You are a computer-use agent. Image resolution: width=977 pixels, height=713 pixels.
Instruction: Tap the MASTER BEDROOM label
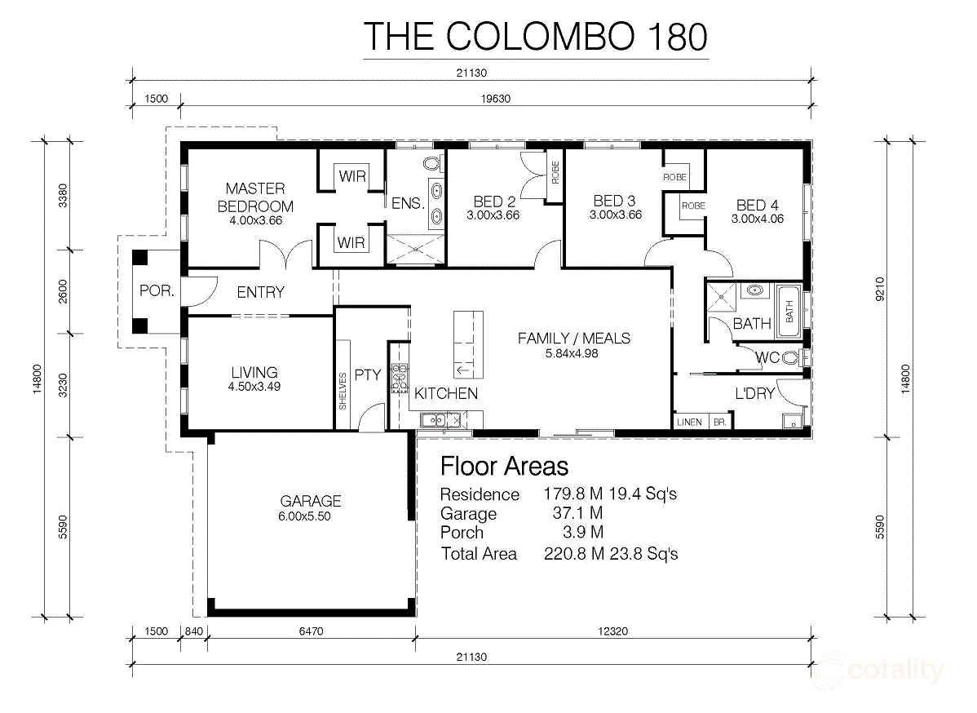[x=255, y=197]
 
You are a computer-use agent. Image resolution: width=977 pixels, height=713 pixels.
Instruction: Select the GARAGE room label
[x=310, y=501]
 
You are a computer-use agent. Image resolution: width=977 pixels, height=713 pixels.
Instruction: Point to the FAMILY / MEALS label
[x=574, y=339]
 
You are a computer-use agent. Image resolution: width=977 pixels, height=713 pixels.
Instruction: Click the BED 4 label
[x=757, y=205]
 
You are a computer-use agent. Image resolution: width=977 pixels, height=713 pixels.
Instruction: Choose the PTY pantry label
[x=368, y=375]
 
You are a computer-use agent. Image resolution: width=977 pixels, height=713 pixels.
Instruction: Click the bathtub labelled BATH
[x=789, y=311]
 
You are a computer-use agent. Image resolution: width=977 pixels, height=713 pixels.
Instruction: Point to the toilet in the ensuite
[x=431, y=163]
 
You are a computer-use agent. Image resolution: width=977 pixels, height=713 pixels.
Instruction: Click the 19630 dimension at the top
[x=495, y=99]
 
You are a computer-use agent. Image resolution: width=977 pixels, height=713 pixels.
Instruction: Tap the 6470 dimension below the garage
[x=311, y=631]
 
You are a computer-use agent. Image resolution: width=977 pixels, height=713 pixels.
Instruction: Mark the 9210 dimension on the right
[x=880, y=289]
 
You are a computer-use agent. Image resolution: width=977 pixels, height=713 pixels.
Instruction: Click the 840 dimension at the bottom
[x=194, y=631]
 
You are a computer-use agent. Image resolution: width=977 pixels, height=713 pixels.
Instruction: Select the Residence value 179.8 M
[x=572, y=494]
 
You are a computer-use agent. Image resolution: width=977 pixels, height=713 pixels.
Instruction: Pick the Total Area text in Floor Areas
[x=480, y=553]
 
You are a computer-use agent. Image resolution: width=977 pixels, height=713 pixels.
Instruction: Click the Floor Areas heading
[x=504, y=466]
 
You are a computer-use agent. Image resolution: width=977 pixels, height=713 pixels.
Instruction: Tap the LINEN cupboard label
[x=689, y=422]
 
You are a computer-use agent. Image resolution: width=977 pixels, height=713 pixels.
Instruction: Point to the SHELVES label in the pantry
[x=343, y=391]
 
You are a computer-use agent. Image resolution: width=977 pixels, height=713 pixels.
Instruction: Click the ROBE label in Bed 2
[x=555, y=172]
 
